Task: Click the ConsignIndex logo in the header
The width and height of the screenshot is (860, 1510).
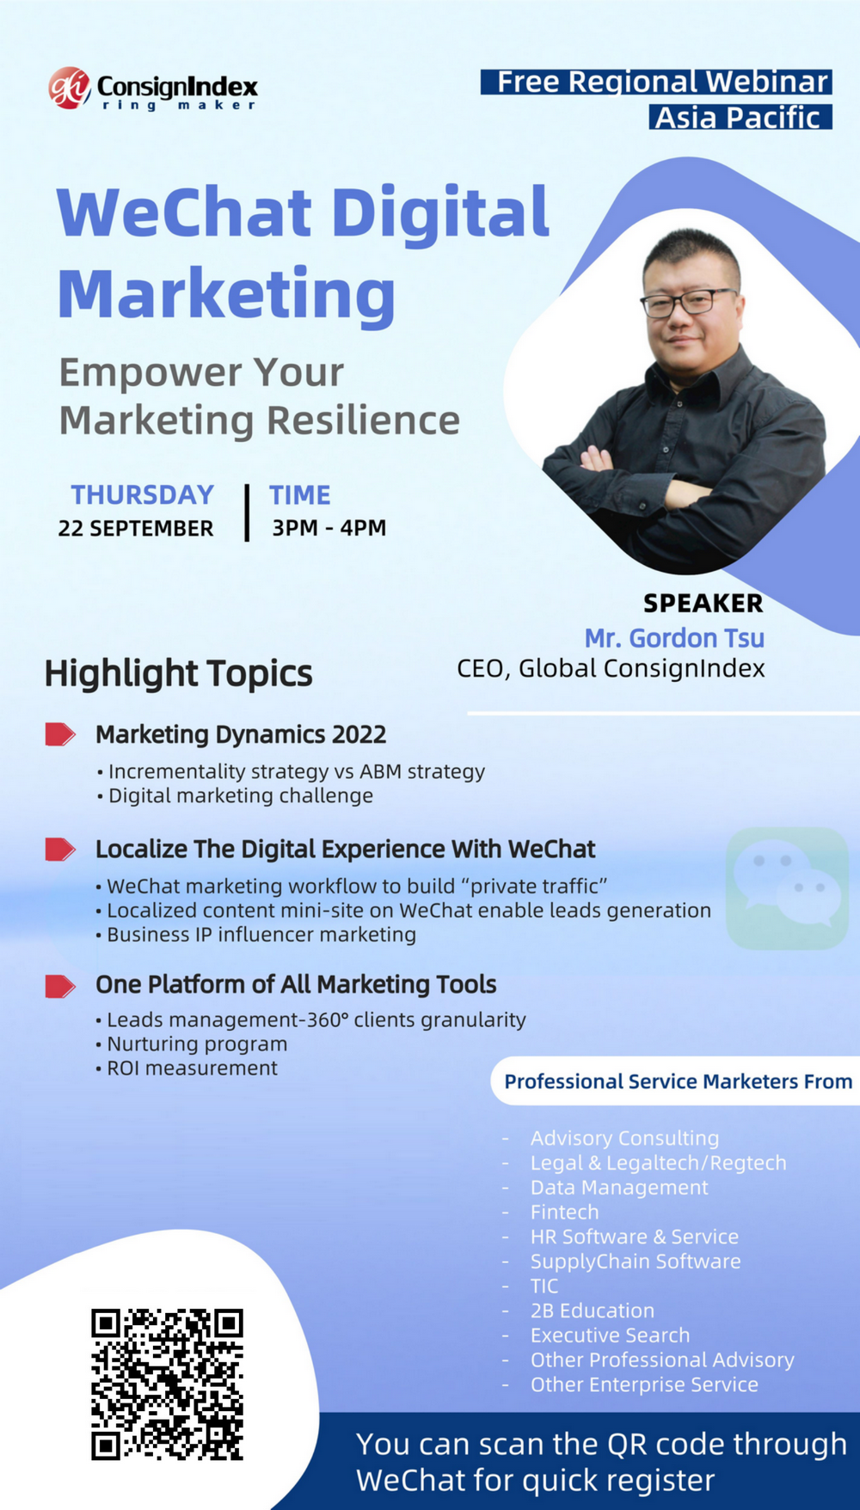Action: click(153, 89)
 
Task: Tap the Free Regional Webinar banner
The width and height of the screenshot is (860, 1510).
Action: click(656, 82)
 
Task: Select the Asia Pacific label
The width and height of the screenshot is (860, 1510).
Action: click(740, 117)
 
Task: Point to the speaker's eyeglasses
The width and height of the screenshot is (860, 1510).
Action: click(689, 303)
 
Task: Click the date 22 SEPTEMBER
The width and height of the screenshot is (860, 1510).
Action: click(136, 528)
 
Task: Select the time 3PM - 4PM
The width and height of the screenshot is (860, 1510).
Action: click(329, 527)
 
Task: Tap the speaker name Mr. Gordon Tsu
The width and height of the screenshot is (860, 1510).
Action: click(674, 638)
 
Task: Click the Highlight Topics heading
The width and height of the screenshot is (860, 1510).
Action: click(179, 673)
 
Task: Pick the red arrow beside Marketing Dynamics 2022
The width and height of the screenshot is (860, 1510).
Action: click(60, 734)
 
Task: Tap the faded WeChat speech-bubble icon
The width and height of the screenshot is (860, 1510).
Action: click(787, 888)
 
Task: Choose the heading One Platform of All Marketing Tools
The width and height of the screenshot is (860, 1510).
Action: click(296, 984)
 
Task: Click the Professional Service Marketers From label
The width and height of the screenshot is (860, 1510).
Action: click(679, 1081)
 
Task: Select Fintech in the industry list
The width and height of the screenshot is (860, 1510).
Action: click(564, 1212)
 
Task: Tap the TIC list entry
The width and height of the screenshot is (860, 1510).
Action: click(544, 1286)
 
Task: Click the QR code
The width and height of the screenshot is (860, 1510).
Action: click(168, 1384)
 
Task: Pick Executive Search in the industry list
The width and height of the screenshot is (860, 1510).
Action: click(610, 1335)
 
